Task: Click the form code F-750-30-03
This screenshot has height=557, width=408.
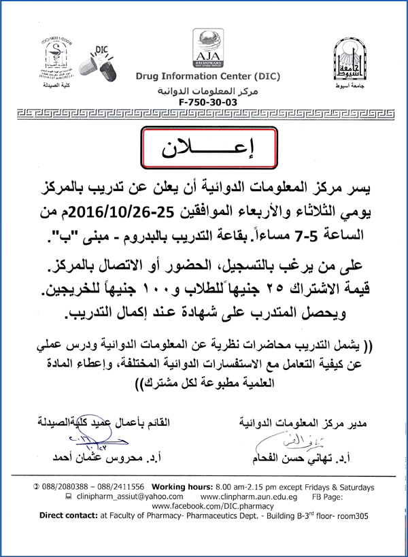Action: pyautogui.click(x=203, y=101)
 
